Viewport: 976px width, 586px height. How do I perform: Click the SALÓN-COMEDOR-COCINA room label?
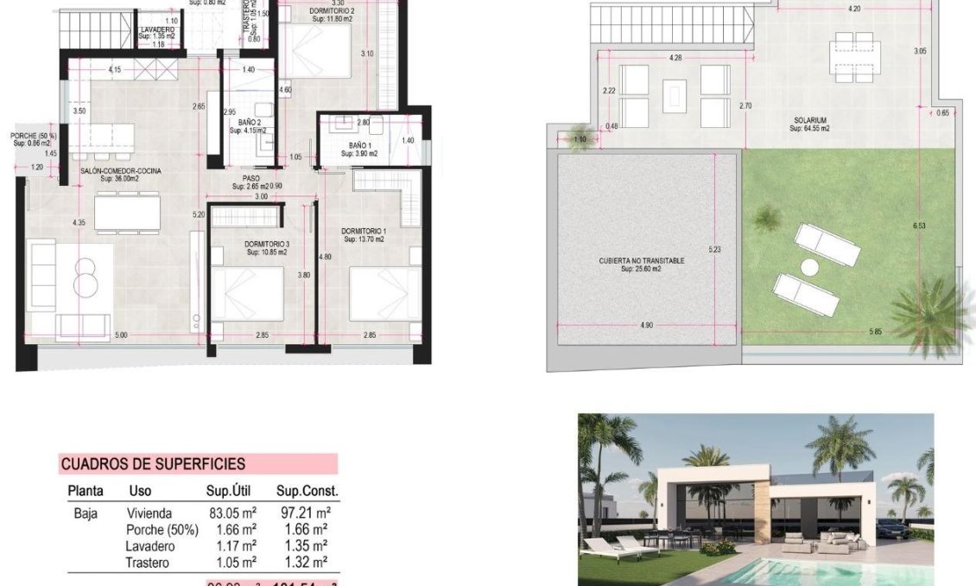click(121, 171)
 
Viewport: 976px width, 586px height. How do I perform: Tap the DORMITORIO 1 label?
click(364, 231)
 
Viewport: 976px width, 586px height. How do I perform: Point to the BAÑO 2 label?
click(250, 123)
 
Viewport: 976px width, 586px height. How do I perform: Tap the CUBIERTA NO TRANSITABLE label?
click(642, 260)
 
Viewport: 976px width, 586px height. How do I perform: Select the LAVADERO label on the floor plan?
click(157, 30)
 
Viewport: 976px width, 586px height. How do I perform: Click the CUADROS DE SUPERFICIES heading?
click(153, 465)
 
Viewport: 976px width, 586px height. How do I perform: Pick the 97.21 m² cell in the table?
click(306, 513)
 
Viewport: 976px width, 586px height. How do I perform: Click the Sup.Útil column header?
click(229, 491)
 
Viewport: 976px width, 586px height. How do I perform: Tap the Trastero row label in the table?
click(147, 563)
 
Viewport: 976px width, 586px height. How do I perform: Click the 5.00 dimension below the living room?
click(121, 334)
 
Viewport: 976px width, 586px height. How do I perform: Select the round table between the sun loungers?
click(809, 267)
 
